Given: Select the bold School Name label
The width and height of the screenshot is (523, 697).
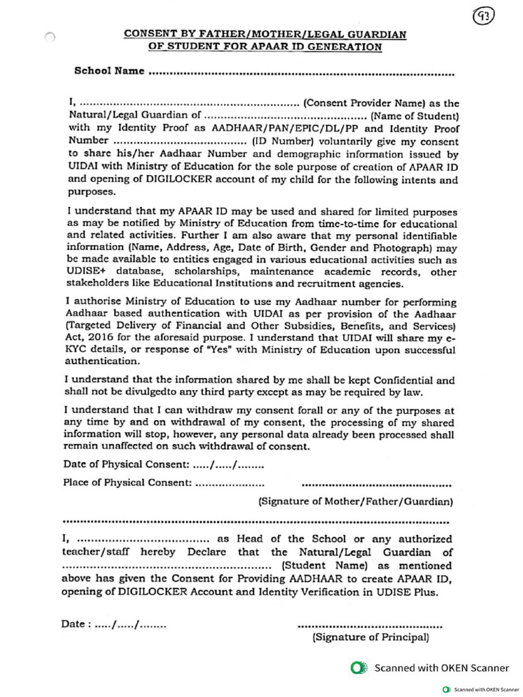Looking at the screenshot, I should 109,70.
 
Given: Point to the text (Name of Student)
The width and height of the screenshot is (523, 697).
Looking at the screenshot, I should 417,116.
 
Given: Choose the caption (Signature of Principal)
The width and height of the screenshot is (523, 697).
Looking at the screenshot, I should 370,638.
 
